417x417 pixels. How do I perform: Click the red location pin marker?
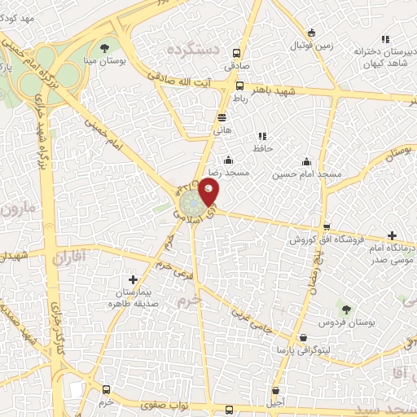(208, 192)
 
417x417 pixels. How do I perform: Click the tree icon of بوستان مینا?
(104, 46)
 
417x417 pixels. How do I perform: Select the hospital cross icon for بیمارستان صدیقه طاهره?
(133, 280)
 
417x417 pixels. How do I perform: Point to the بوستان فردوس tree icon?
(346, 309)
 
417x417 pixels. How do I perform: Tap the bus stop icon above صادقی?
(239, 48)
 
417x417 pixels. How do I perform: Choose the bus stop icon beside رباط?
(239, 86)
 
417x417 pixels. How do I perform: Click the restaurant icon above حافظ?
(261, 136)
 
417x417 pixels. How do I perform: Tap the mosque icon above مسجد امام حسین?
(305, 161)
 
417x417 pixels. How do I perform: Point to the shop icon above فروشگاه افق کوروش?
(327, 227)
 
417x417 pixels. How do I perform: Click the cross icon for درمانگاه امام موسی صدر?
(393, 235)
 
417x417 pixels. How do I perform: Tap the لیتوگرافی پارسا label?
(305, 349)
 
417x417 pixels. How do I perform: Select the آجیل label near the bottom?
(276, 402)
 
